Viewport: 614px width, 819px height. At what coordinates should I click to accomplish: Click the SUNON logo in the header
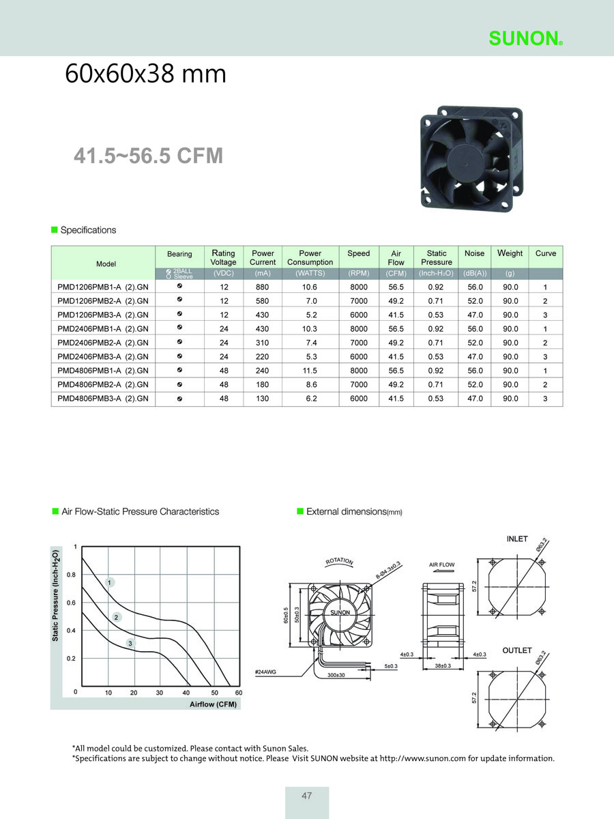pyautogui.click(x=525, y=38)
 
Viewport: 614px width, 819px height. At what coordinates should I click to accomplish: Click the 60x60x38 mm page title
pyautogui.click(x=145, y=74)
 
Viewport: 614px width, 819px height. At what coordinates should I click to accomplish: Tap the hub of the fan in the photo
pyautogui.click(x=465, y=162)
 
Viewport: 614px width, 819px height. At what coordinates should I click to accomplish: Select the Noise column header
pyautogui.click(x=474, y=253)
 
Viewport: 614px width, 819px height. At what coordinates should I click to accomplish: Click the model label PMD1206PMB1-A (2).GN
pyautogui.click(x=103, y=287)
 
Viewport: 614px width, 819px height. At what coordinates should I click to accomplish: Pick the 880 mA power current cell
pyautogui.click(x=262, y=287)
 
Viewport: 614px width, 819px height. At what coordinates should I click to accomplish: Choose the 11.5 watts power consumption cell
pyautogui.click(x=310, y=371)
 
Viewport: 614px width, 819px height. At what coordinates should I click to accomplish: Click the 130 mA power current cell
pyautogui.click(x=262, y=399)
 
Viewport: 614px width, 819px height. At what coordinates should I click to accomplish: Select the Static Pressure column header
pyautogui.click(x=437, y=257)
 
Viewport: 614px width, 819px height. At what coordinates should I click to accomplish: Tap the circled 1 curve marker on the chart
pyautogui.click(x=110, y=582)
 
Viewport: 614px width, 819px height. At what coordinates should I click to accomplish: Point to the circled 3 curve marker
pyautogui.click(x=130, y=644)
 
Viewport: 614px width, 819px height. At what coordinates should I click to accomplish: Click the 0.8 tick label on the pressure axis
pyautogui.click(x=71, y=575)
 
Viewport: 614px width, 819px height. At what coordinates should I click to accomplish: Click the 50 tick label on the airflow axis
pyautogui.click(x=215, y=693)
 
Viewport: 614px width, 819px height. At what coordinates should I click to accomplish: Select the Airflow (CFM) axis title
pyautogui.click(x=214, y=704)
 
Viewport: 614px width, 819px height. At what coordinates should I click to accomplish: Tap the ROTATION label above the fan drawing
pyautogui.click(x=339, y=561)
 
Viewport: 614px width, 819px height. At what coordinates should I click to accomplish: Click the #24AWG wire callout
pyautogui.click(x=265, y=672)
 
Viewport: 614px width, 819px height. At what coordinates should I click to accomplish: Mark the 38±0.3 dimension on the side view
pyautogui.click(x=443, y=665)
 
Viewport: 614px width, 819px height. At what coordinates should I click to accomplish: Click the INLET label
pyautogui.click(x=517, y=538)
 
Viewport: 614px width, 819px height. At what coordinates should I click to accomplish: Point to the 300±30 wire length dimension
pyautogui.click(x=336, y=675)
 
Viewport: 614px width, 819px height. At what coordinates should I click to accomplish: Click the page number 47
pyautogui.click(x=307, y=796)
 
